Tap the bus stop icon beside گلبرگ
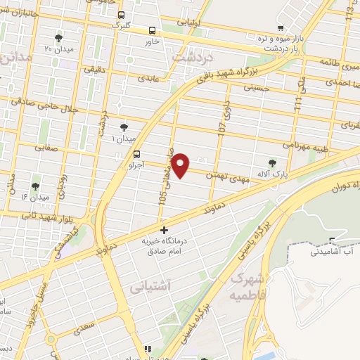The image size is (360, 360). [x=121, y=15]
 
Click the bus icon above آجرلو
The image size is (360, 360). [x=136, y=154]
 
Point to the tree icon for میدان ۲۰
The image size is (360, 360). [x=58, y=38]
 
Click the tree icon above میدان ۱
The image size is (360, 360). [x=124, y=127]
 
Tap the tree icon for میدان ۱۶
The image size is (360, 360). [x=35, y=187]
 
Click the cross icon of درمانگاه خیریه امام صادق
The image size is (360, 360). [x=165, y=230]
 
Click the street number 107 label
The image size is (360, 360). [x=221, y=129]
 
